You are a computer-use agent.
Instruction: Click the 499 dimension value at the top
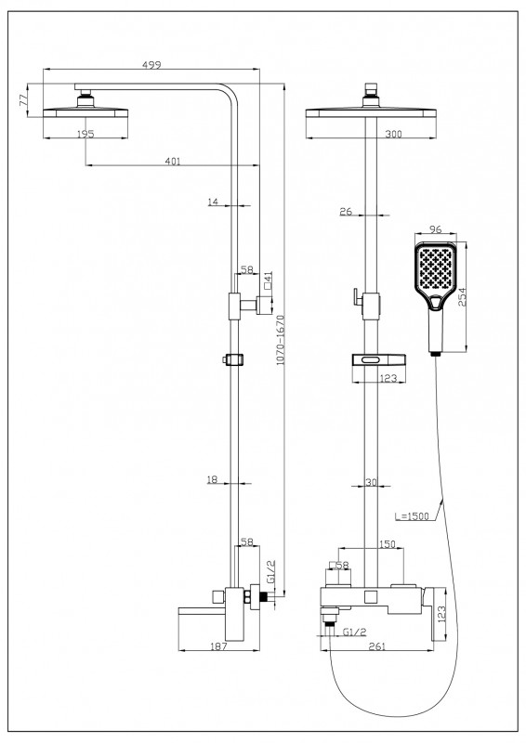click(x=151, y=64)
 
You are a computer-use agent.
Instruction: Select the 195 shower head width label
click(x=85, y=134)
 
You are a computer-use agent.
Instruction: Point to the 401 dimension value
click(x=173, y=161)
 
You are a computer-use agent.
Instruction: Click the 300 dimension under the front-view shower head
click(x=393, y=134)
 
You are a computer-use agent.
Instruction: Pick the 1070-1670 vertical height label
click(x=280, y=339)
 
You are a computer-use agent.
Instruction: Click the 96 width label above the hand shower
click(x=436, y=229)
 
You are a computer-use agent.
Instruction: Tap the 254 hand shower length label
click(x=463, y=296)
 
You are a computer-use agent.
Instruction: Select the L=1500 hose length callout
click(x=412, y=516)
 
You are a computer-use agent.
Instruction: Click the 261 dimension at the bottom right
click(x=377, y=646)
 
